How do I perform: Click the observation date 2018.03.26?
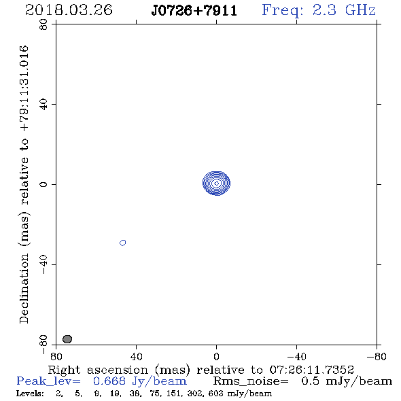tap(69, 10)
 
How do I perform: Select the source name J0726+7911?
tap(194, 11)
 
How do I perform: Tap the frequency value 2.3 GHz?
tap(344, 10)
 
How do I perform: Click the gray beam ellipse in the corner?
tap(67, 339)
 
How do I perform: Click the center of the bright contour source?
tap(216, 184)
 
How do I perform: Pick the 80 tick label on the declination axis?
tap(43, 24)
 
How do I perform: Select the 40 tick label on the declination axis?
tap(43, 105)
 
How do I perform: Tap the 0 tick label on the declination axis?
tap(43, 184)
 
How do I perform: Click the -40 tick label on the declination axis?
tap(43, 264)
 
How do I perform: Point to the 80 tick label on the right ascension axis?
tap(56, 357)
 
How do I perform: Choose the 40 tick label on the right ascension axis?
tap(137, 357)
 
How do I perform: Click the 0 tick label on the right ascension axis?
tap(216, 357)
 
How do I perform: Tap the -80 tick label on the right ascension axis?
tap(377, 357)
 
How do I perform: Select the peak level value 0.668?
tap(109, 381)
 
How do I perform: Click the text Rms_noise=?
tap(251, 381)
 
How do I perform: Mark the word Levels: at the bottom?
tap(30, 394)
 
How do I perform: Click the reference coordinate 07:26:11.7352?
tap(311, 370)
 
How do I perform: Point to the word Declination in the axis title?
tap(24, 288)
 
